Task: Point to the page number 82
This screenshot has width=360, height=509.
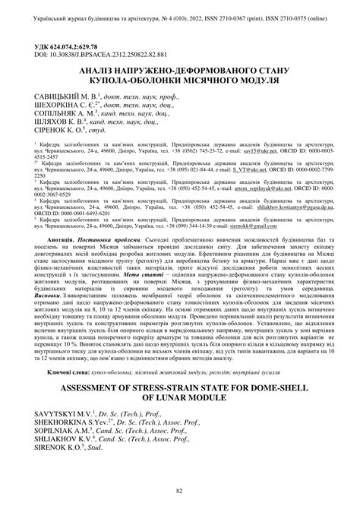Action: pos(179,492)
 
